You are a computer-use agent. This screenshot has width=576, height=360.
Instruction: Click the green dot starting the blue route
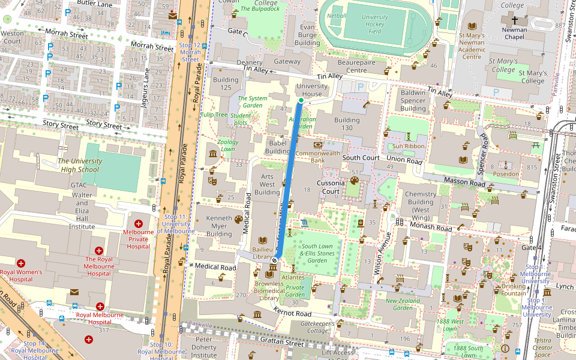pyautogui.click(x=301, y=101)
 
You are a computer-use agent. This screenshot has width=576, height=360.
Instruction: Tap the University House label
pyautogui.click(x=312, y=90)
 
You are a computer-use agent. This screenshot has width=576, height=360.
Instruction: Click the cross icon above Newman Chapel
pyautogui.click(x=515, y=20)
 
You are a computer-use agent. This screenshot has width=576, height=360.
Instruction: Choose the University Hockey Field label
pyautogui.click(x=375, y=24)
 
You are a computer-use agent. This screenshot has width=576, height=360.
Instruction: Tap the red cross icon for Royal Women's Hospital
pyautogui.click(x=21, y=263)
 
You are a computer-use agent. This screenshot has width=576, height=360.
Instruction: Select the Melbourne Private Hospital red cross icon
pyautogui.click(x=138, y=223)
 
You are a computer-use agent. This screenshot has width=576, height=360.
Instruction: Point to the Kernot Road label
pyautogui.click(x=292, y=313)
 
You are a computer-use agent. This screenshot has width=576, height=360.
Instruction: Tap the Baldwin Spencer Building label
pyautogui.click(x=413, y=101)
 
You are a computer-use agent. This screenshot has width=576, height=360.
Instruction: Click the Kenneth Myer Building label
pyautogui.click(x=218, y=226)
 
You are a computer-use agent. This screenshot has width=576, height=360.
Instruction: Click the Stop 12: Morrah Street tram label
pyautogui.click(x=190, y=52)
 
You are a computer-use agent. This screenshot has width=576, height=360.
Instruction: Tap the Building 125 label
pyautogui.click(x=226, y=84)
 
